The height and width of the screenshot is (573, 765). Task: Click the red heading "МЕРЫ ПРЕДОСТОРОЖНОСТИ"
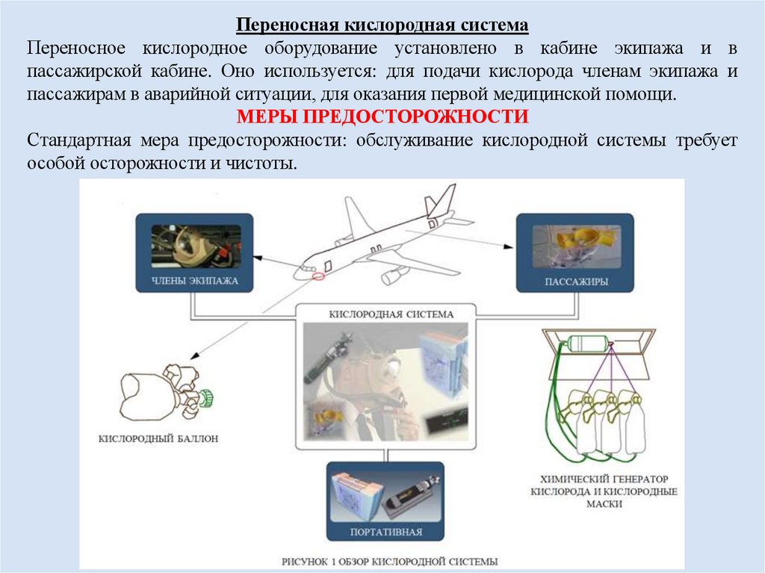tap(382, 117)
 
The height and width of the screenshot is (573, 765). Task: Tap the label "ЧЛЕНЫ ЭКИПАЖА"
tap(193, 282)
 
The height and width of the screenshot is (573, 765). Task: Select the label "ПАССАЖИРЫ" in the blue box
tap(574, 282)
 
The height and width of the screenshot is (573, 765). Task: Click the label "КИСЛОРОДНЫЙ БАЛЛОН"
tap(158, 439)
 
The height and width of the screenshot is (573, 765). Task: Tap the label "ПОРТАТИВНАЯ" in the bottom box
tap(385, 533)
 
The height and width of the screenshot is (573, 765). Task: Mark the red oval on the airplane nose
tap(318, 276)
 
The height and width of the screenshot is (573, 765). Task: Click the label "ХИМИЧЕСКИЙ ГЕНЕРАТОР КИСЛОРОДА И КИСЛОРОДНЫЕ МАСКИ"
tap(604, 491)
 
